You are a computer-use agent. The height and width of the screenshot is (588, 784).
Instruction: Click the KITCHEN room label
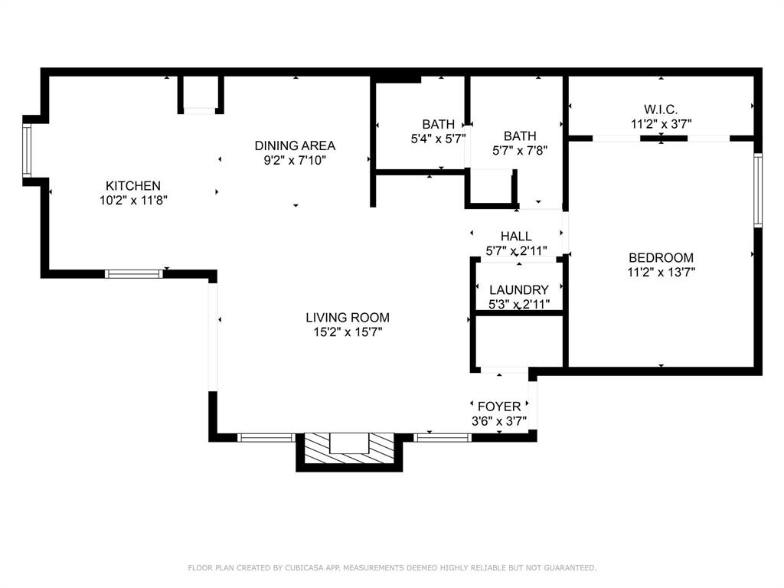[x=132, y=185]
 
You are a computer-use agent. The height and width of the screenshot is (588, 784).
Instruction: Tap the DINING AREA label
[x=295, y=145]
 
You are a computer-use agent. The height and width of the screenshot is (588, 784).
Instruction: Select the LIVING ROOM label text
[x=347, y=317]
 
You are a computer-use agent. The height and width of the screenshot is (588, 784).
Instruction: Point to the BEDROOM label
[x=661, y=257]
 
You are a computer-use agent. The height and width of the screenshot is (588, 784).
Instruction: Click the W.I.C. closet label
[x=661, y=109]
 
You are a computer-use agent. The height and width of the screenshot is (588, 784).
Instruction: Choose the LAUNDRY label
[x=518, y=289]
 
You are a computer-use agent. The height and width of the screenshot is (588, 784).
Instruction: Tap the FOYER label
[x=498, y=407]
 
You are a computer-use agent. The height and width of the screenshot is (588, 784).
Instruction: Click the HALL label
[x=516, y=237]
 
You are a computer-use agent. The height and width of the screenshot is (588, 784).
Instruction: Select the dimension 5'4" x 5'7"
[x=438, y=139]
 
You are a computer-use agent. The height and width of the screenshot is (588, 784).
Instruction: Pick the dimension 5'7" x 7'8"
[x=519, y=151]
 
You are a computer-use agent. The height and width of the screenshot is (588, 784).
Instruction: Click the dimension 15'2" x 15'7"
[x=347, y=332]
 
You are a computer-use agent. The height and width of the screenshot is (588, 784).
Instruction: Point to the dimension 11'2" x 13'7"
[x=661, y=272]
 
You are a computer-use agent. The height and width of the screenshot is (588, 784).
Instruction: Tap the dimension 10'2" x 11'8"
[x=132, y=200]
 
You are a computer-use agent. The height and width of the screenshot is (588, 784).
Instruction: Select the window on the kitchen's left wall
[x=27, y=151]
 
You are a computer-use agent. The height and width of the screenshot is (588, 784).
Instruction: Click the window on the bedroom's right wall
[x=757, y=190]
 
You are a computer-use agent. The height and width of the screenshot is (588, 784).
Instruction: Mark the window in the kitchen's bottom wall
[x=134, y=273]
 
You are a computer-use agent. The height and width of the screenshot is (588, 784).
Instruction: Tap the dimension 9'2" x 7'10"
[x=295, y=160]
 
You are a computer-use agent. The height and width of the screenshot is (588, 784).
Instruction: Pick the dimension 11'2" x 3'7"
[x=661, y=123]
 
